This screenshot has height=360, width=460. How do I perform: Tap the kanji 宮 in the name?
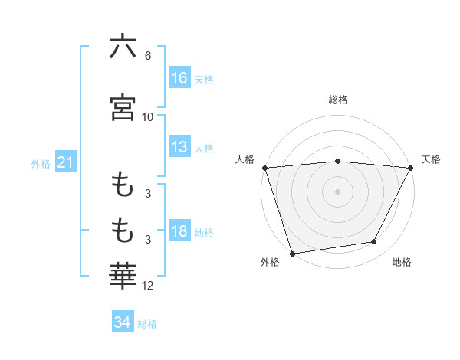point(123,106)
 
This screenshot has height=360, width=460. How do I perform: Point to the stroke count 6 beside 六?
point(148,56)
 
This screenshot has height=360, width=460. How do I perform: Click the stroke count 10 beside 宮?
point(148,116)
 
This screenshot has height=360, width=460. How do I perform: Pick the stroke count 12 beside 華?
point(148,286)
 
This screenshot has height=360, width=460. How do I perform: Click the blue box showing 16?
point(179,78)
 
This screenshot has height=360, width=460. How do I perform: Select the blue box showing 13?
point(179,147)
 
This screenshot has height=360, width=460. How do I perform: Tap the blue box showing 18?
point(179,231)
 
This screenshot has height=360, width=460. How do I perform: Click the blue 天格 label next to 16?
point(204,79)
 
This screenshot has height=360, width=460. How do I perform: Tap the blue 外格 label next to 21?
point(41,163)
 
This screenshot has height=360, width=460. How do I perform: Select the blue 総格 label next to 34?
point(147,323)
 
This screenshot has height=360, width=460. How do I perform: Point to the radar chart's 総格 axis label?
point(338,100)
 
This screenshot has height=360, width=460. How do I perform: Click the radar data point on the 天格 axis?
point(411,168)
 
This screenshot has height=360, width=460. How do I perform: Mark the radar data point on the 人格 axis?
point(264,168)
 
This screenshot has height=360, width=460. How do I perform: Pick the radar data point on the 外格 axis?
point(292,252)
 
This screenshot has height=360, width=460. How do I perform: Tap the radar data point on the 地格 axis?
point(374,241)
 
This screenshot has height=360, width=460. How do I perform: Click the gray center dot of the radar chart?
point(338,191)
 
